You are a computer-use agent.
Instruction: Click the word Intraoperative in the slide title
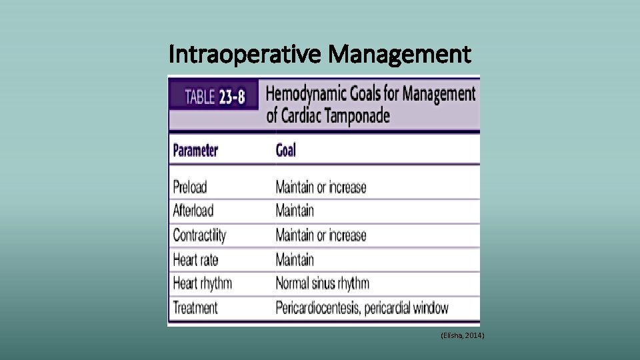pyautogui.click(x=245, y=53)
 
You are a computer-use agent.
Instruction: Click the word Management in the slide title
pyautogui.click(x=399, y=53)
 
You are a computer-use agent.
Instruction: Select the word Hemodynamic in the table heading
pyautogui.click(x=314, y=93)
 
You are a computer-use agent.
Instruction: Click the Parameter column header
pyautogui.click(x=195, y=151)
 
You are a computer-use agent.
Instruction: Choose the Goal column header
pyautogui.click(x=285, y=151)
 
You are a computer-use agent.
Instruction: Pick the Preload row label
pyautogui.click(x=190, y=187)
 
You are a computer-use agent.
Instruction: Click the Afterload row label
pyautogui.click(x=193, y=211)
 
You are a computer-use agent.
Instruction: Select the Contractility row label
pyautogui.click(x=199, y=235)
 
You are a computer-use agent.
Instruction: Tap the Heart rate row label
pyautogui.click(x=195, y=259)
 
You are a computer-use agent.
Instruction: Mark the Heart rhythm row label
pyautogui.click(x=202, y=283)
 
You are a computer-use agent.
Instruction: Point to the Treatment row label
pyautogui.click(x=195, y=308)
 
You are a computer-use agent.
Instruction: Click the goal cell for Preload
pyautogui.click(x=321, y=187)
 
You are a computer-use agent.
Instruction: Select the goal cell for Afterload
pyautogui.click(x=295, y=211)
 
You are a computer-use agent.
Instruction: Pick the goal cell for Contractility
pyautogui.click(x=321, y=235)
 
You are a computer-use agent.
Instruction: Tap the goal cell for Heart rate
pyautogui.click(x=295, y=259)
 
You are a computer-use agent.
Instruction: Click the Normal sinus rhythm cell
pyautogui.click(x=322, y=283)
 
